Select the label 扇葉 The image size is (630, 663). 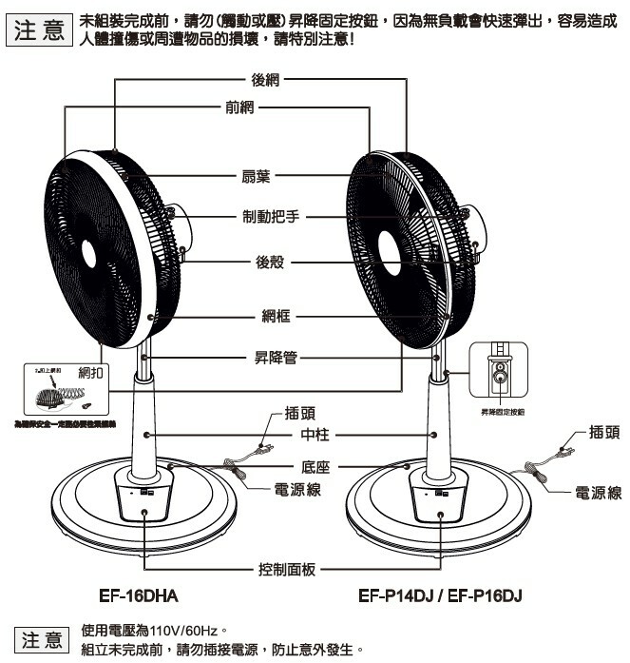[257, 176]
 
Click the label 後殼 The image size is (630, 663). [270, 263]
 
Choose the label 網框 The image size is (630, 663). [276, 315]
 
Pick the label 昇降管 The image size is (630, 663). [276, 358]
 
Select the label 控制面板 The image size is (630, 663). [286, 569]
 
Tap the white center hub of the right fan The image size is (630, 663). [388, 250]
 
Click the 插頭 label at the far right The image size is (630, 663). [604, 431]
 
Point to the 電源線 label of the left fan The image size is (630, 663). [296, 489]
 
